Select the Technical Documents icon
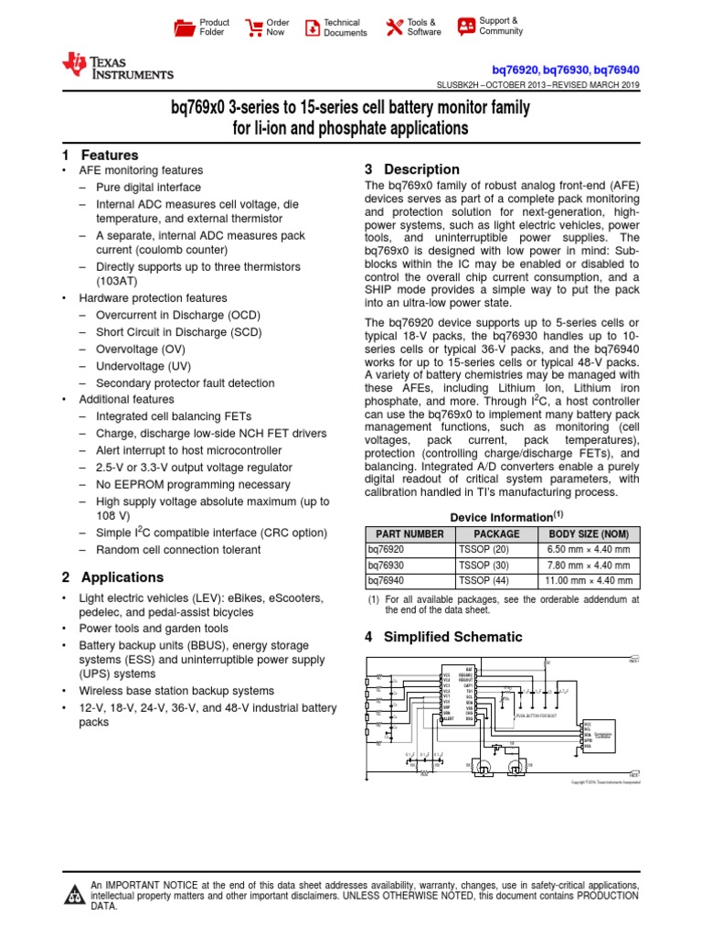point(313,27)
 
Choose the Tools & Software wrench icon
point(394,27)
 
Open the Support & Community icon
point(466,26)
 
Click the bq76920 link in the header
point(515,70)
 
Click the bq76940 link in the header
point(616,70)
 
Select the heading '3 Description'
point(411,169)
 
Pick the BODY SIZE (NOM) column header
point(589,534)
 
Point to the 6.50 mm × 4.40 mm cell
point(589,550)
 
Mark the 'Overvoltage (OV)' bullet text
point(140,350)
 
